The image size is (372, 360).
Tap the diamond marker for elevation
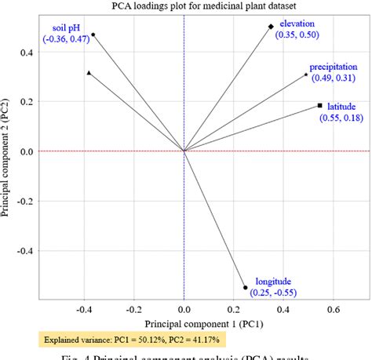pos(272,27)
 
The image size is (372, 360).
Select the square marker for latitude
pos(319,105)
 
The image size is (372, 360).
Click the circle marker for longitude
pos(246,287)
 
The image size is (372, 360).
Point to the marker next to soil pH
pos(93,35)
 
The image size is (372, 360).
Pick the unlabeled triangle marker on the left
pos(89,73)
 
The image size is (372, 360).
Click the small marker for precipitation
pos(306,75)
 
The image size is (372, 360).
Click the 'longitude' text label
pos(272,282)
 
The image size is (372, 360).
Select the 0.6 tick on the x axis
pos(333,309)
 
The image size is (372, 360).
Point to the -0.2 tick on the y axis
pos(24,201)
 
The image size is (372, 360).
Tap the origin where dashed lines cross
pos(184,151)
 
